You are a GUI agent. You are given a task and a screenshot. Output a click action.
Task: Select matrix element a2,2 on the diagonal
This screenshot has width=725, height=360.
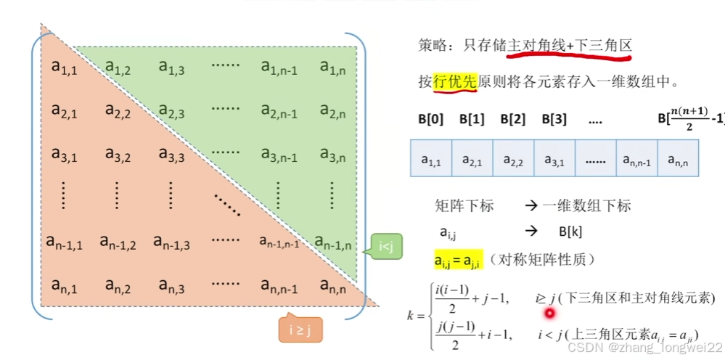[x=118, y=111]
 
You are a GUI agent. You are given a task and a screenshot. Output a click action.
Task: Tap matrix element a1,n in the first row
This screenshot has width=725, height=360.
[x=332, y=68]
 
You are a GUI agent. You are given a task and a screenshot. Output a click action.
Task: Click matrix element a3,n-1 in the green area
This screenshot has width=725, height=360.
[x=279, y=155]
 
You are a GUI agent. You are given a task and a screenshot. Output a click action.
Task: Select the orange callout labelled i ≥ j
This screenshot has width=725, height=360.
[x=300, y=330]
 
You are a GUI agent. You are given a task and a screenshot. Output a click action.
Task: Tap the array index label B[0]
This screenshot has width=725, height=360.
[x=430, y=119]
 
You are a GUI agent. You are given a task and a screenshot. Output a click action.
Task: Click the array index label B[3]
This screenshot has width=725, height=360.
[x=554, y=119]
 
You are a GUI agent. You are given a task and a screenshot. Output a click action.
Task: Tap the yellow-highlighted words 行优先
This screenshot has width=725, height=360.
[x=455, y=82]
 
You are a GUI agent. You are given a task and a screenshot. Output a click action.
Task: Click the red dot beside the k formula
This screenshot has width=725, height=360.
[x=549, y=314]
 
